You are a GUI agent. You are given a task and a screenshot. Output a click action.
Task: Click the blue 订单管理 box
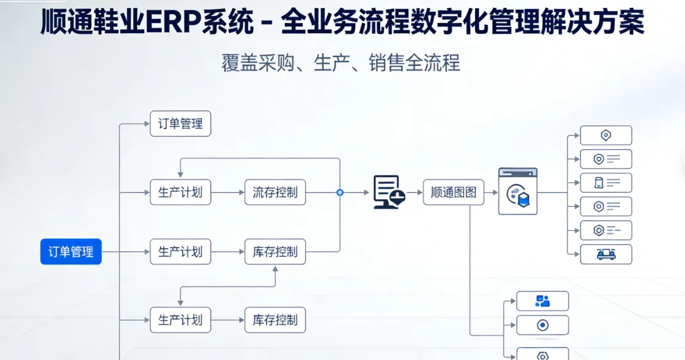coord(71,252)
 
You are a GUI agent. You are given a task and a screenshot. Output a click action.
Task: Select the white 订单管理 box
coord(180,124)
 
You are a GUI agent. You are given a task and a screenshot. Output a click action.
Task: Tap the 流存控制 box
coord(274,193)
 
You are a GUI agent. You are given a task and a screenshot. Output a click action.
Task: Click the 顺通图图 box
coord(453,193)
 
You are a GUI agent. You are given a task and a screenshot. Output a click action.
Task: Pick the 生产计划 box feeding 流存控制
coord(180,193)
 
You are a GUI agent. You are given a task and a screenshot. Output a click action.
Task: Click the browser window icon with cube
coord(518,191)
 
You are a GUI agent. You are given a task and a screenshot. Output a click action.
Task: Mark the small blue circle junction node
coord(340,193)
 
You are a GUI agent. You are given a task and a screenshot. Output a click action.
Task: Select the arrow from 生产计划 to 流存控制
coord(227,193)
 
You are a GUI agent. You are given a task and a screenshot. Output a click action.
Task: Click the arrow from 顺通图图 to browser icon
coord(491,193)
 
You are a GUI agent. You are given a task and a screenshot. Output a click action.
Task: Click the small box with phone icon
coord(606,183)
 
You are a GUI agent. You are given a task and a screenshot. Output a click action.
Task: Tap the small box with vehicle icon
coord(606,254)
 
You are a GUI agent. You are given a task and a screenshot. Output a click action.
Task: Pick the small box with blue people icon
coord(542,301)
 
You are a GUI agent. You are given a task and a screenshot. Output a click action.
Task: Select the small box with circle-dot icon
coord(542,325)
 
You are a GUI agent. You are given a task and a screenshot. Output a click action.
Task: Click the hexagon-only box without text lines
coord(606,135)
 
